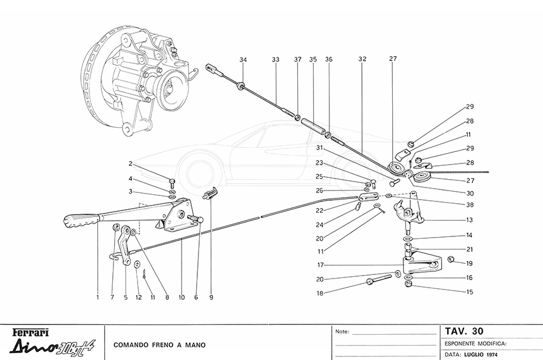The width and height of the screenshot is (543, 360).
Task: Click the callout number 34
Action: tap(243, 60)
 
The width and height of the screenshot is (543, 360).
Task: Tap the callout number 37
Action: tap(297, 60)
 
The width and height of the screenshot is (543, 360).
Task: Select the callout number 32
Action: tap(362, 60)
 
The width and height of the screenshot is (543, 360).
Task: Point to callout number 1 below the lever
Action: tap(97, 296)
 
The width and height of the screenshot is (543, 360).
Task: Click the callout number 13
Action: tap(469, 219)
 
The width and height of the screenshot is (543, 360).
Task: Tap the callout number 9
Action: tap(211, 296)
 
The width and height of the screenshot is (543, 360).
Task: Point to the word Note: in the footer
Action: tap(342, 332)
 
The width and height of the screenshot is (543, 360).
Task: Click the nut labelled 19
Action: tap(449, 260)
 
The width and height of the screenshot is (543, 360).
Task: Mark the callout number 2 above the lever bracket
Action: tap(130, 163)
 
